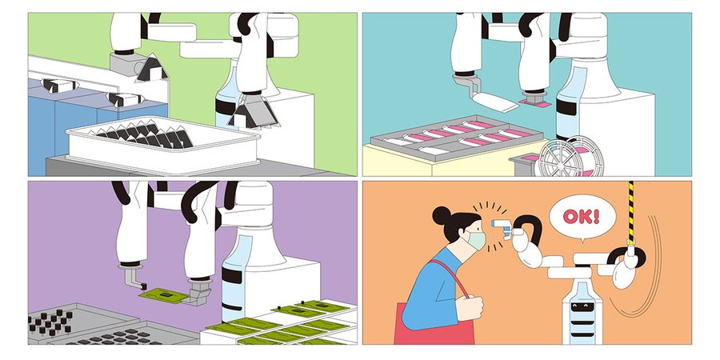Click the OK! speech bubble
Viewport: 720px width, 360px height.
(x=582, y=217)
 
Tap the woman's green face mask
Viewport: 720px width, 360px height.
(x=477, y=240)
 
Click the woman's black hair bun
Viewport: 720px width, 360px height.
(x=442, y=215)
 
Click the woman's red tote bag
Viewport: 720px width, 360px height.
(x=434, y=322)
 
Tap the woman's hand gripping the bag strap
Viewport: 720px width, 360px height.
(x=470, y=308)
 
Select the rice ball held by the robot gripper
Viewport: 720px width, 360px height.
(x=252, y=111)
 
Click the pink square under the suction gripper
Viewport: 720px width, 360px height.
(x=535, y=104)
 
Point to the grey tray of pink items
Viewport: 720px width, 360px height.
(x=458, y=138)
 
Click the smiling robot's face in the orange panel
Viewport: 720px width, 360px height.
(x=582, y=306)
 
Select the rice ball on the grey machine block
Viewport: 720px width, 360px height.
(x=151, y=68)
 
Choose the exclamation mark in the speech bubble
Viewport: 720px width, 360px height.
(x=596, y=216)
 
